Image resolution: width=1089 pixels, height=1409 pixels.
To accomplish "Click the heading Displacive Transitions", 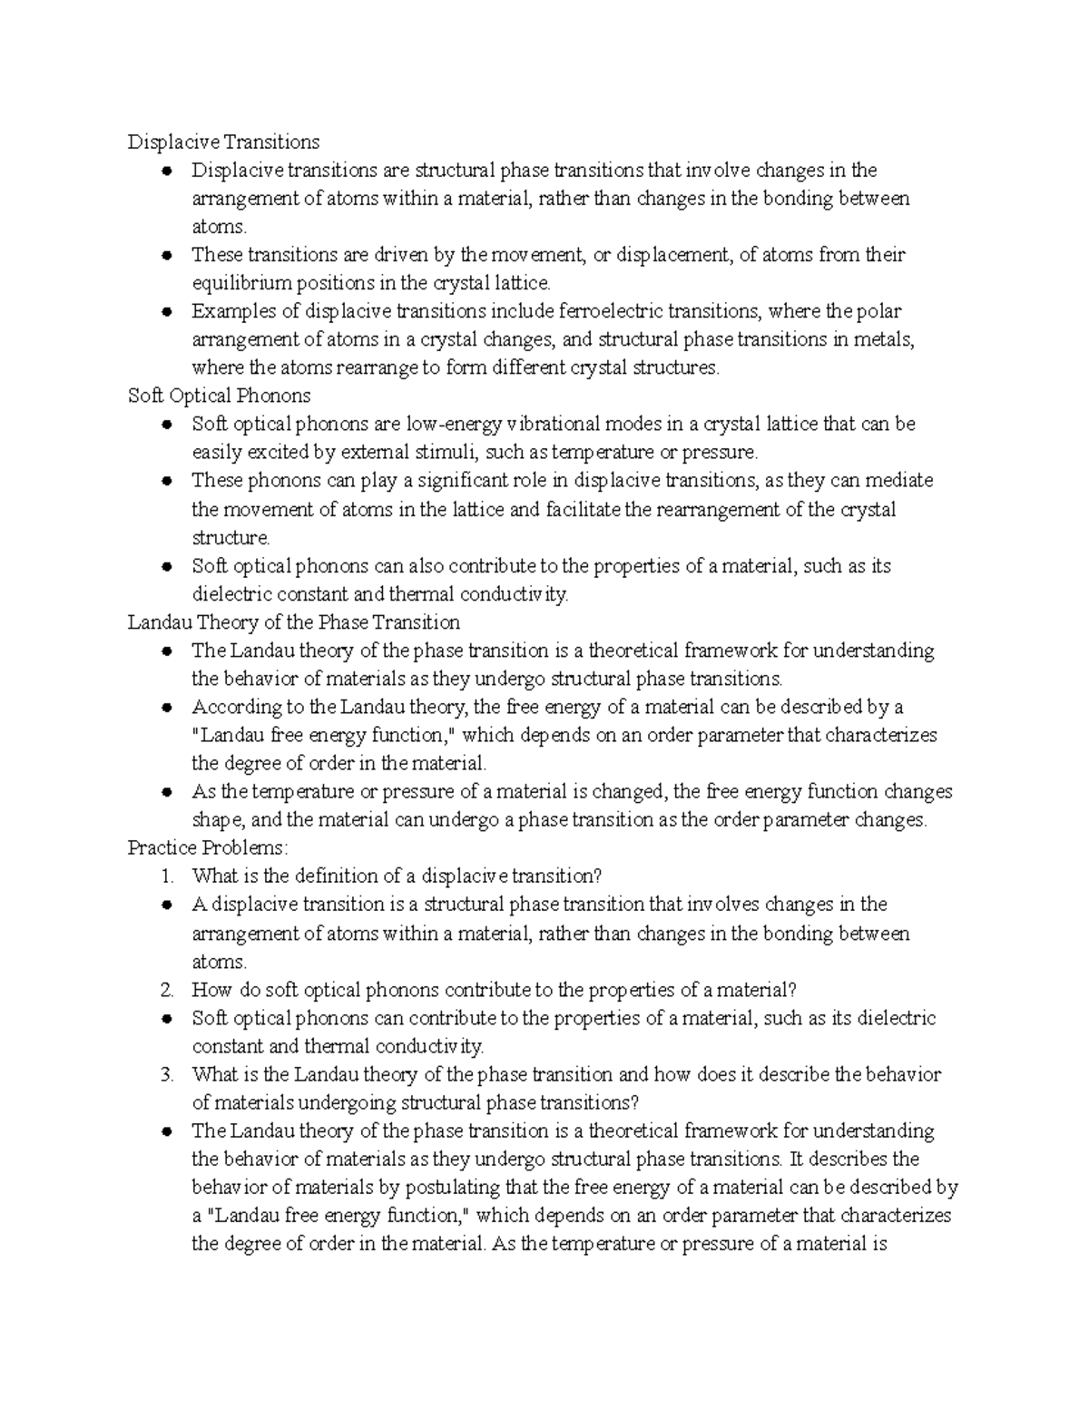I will tap(223, 142).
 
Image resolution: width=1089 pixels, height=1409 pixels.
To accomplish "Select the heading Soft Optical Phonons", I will tap(219, 396).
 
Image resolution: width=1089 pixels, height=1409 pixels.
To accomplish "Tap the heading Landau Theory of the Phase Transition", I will tap(293, 622).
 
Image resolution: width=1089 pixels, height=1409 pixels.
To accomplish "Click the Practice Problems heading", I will tap(208, 848).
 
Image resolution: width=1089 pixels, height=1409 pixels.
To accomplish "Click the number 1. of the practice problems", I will tap(166, 876).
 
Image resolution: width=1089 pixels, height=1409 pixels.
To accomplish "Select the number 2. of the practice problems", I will tap(166, 990).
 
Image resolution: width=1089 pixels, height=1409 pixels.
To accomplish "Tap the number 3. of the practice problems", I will tap(166, 1075).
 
